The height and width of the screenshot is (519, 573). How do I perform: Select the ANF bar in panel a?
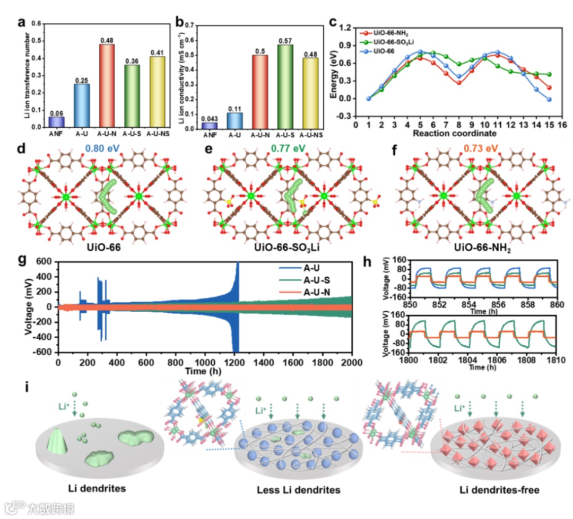[x=56, y=122]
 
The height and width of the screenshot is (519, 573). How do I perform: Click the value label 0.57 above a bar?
[x=285, y=41]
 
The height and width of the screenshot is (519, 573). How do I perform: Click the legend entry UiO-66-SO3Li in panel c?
[x=395, y=41]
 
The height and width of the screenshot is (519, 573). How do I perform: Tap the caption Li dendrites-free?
[x=498, y=490]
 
